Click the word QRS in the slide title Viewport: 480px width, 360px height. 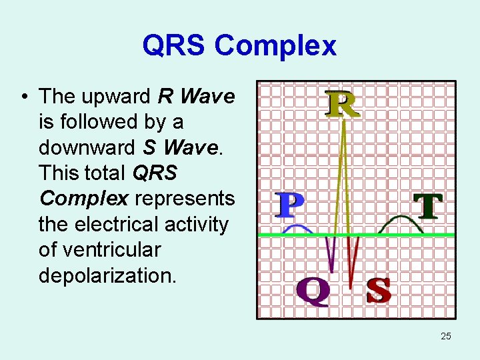175,46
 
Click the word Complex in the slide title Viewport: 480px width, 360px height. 275,46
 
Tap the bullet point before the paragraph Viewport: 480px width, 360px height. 23,97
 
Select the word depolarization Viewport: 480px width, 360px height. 108,275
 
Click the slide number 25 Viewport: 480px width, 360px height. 446,336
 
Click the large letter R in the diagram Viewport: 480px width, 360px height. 342,104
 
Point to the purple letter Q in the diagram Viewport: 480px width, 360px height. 313,292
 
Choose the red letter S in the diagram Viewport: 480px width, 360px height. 378,291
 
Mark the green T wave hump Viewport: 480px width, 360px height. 400,223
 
